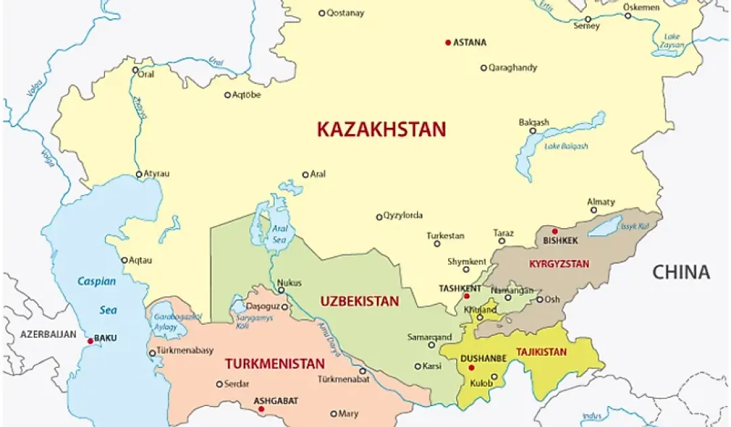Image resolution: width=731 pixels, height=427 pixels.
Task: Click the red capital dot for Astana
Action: coord(447,43)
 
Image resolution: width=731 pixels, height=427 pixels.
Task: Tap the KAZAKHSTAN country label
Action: coord(382,129)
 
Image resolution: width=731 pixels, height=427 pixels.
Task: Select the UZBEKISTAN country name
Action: coord(359,301)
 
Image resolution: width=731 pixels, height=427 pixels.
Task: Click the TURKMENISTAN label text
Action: coord(275,364)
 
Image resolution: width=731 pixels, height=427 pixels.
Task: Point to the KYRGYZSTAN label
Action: coord(559,264)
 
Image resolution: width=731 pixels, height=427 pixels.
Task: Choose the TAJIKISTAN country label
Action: coord(541,352)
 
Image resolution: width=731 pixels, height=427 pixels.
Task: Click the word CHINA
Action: coord(681,272)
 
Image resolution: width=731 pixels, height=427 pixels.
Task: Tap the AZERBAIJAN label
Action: coord(48,334)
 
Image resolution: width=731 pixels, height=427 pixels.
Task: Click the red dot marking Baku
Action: coord(90,341)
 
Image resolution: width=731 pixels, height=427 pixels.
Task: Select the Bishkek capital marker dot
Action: coord(555,231)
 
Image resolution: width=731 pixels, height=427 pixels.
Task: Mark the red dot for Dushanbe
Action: coord(472,367)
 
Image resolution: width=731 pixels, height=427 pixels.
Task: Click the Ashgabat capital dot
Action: coord(261,409)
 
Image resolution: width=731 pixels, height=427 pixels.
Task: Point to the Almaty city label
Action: coord(602,202)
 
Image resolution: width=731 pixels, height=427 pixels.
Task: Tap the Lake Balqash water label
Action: coord(566,146)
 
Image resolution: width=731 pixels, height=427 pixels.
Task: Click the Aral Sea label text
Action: coord(280,233)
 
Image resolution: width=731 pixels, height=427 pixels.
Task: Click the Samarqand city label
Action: coord(429,336)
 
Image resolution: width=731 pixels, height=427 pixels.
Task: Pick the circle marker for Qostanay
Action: coord(322,13)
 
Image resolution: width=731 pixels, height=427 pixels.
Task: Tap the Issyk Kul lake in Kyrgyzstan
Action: coord(604,226)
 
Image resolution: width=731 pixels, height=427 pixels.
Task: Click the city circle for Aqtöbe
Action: coord(227,95)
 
